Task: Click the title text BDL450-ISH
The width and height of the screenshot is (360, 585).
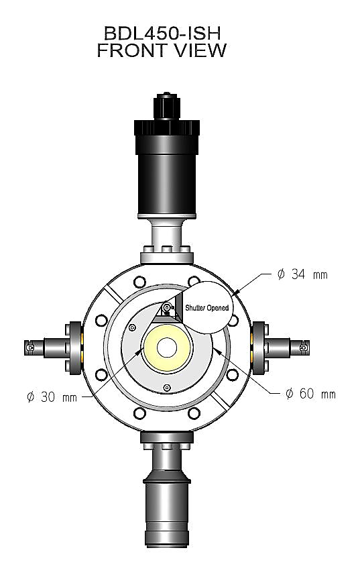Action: (x=162, y=33)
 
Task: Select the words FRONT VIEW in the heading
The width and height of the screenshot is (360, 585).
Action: (x=162, y=50)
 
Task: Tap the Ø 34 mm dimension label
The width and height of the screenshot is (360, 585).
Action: (x=302, y=274)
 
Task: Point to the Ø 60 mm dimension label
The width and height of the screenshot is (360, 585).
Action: (x=310, y=394)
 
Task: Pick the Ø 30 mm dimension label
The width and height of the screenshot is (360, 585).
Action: (x=52, y=396)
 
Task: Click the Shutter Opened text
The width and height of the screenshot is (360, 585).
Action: (x=206, y=309)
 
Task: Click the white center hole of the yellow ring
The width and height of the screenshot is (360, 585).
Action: (x=168, y=347)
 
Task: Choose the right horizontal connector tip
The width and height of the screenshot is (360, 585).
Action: (x=304, y=348)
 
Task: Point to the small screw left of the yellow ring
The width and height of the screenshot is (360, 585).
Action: (x=132, y=327)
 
